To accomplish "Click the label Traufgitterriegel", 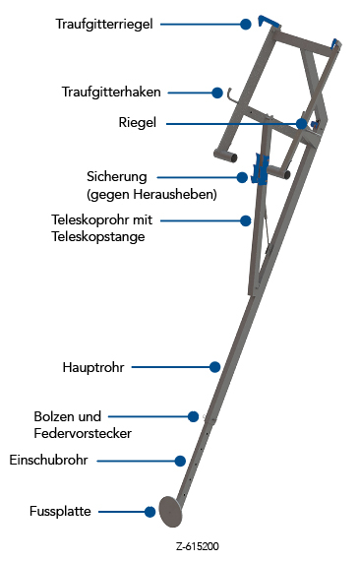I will pos(104,24).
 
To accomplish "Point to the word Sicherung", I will pos(116,176).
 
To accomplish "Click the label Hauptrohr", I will pos(92,368).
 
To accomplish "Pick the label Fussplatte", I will pos(61,512).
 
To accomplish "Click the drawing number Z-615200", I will pos(197,547).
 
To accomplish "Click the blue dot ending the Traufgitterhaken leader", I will pos(216,93).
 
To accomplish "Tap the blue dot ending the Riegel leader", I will pos(302,123).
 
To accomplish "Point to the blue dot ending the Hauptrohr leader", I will pos(214,367).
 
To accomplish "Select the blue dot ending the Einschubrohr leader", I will pos(180,460).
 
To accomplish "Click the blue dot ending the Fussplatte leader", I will pos(150,512).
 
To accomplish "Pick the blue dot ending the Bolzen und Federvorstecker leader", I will pos(194,416).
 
